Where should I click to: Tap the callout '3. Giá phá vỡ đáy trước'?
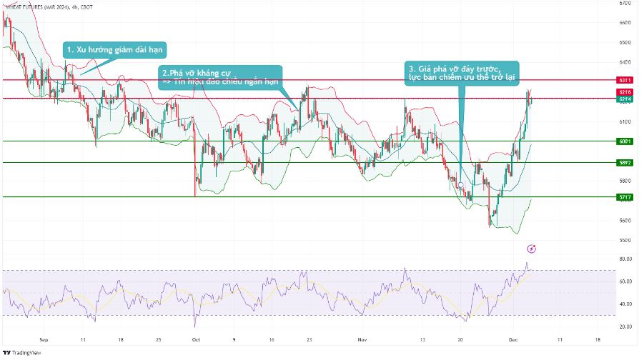[462, 71]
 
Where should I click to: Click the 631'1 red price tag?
[625, 80]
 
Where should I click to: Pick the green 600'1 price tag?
[625, 141]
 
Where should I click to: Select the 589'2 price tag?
[625, 163]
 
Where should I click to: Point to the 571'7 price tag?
[625, 196]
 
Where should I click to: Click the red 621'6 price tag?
[625, 93]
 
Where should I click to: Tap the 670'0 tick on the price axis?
[625, 3]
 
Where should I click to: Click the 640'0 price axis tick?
[625, 62]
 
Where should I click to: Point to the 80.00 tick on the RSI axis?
[624, 259]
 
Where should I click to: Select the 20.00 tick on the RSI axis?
[624, 326]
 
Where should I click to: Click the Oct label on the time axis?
[196, 340]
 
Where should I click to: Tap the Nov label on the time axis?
[362, 340]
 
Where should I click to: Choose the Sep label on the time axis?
[44, 340]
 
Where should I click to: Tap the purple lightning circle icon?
[531, 249]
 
